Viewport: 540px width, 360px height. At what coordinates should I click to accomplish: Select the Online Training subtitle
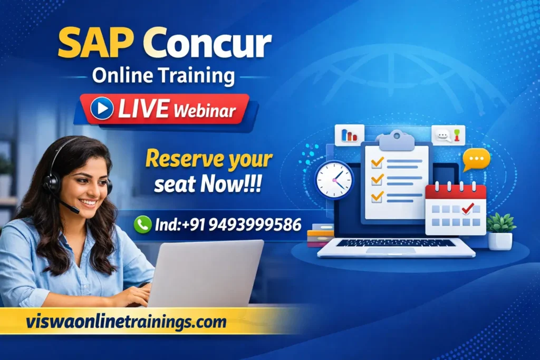[163, 76]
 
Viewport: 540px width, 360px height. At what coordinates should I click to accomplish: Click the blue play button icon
[102, 109]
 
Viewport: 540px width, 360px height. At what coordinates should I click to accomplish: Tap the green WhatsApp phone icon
[142, 225]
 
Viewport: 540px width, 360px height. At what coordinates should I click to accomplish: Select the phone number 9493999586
[255, 225]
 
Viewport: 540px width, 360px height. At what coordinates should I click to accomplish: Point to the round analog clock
[334, 180]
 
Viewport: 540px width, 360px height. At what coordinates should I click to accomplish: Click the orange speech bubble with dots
[476, 159]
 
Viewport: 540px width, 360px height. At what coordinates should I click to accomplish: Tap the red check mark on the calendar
[467, 208]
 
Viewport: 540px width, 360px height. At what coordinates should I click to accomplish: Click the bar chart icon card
[349, 135]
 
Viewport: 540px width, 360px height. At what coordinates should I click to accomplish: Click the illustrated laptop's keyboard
[396, 243]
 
